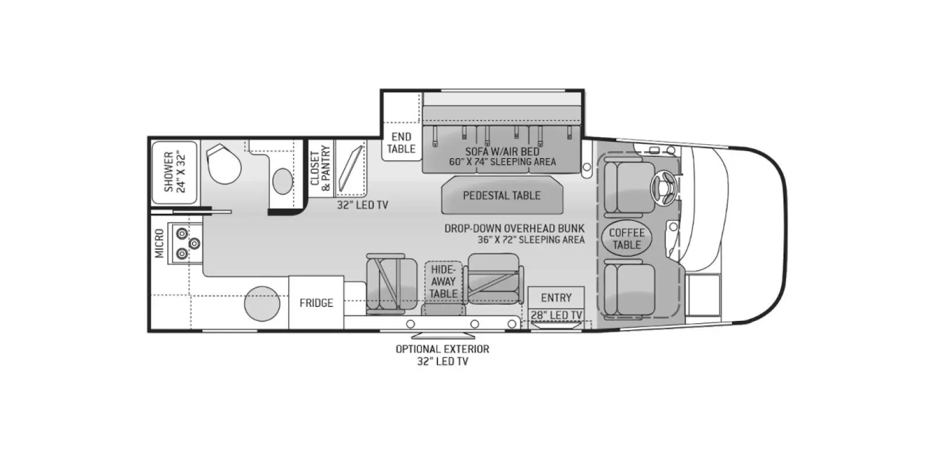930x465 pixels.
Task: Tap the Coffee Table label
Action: pos(627,239)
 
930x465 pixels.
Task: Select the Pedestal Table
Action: pos(502,196)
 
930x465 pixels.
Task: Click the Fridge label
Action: pos(316,303)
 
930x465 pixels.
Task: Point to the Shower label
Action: pos(174,172)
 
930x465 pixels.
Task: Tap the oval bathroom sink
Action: pos(282,181)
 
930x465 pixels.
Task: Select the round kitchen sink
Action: pos(262,303)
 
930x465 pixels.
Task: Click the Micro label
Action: pos(159,244)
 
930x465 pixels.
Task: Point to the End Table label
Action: pos(401,143)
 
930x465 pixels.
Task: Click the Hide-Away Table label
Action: pos(443,281)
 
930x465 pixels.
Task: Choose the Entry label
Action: pos(556,298)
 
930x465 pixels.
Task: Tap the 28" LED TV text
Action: pos(556,315)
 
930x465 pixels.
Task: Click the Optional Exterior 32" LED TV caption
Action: pos(442,355)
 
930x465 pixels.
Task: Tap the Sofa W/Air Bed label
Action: pos(502,156)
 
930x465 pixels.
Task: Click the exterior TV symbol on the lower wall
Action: pos(443,335)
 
